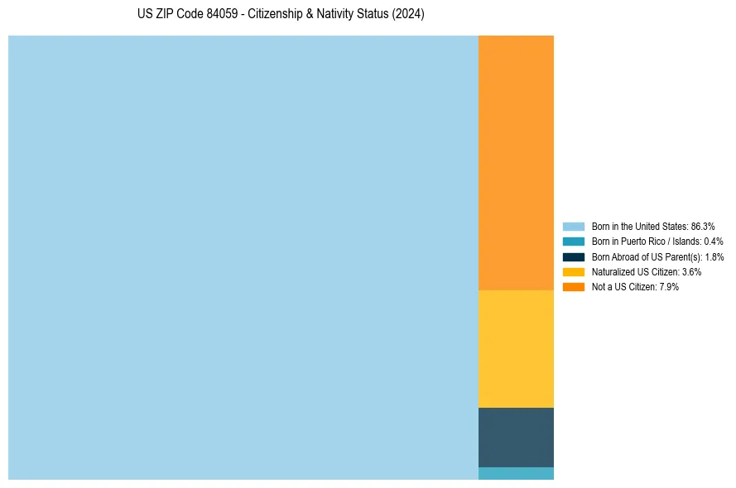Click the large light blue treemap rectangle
pyautogui.click(x=243, y=257)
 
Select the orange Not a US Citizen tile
pyautogui.click(x=516, y=162)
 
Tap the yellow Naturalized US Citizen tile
pyautogui.click(x=516, y=348)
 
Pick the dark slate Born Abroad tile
pyautogui.click(x=516, y=437)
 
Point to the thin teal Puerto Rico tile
pyautogui.click(x=516, y=473)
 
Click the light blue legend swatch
pyautogui.click(x=573, y=226)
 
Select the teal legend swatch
pyautogui.click(x=573, y=242)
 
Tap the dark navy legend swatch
pyautogui.click(x=573, y=256)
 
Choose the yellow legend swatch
pyautogui.click(x=573, y=271)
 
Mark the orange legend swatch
pyautogui.click(x=573, y=286)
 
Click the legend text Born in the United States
pyautogui.click(x=639, y=226)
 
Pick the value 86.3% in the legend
pyautogui.click(x=703, y=226)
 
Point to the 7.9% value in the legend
pyautogui.click(x=668, y=286)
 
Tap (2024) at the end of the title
pyautogui.click(x=408, y=15)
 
